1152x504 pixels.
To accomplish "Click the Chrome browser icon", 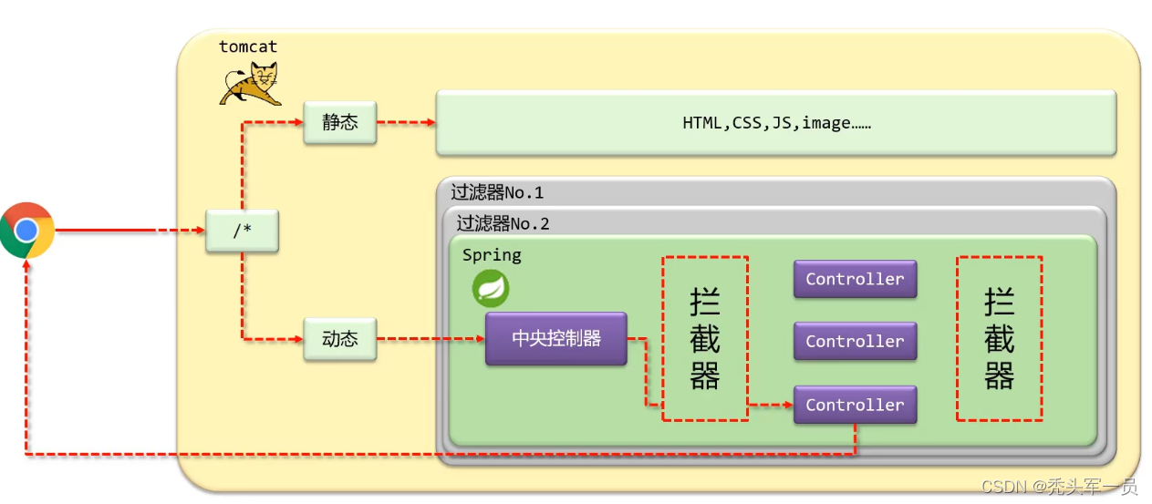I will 26,230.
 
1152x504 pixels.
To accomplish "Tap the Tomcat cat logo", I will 250,84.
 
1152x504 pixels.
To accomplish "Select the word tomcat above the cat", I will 247,46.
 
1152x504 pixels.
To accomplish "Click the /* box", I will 242,231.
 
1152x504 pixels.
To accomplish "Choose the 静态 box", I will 339,122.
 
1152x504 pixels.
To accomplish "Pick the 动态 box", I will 339,339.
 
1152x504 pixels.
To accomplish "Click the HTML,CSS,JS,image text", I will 776,122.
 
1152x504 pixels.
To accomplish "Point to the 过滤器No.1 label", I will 497,192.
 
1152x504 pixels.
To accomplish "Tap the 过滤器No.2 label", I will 503,223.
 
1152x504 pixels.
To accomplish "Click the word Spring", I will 492,255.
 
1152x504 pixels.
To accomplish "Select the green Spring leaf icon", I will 491,289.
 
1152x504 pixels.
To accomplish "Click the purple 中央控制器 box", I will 555,339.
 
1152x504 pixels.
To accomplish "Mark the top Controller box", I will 855,279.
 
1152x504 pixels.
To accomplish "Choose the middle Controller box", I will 855,342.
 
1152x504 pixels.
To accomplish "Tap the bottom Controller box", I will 855,405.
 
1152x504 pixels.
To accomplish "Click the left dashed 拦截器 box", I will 705,338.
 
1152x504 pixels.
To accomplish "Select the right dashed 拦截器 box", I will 999,338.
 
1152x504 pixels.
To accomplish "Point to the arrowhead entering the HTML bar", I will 431,122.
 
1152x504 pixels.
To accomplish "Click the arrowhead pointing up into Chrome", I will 27,264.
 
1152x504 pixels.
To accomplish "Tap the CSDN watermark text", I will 1059,486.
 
